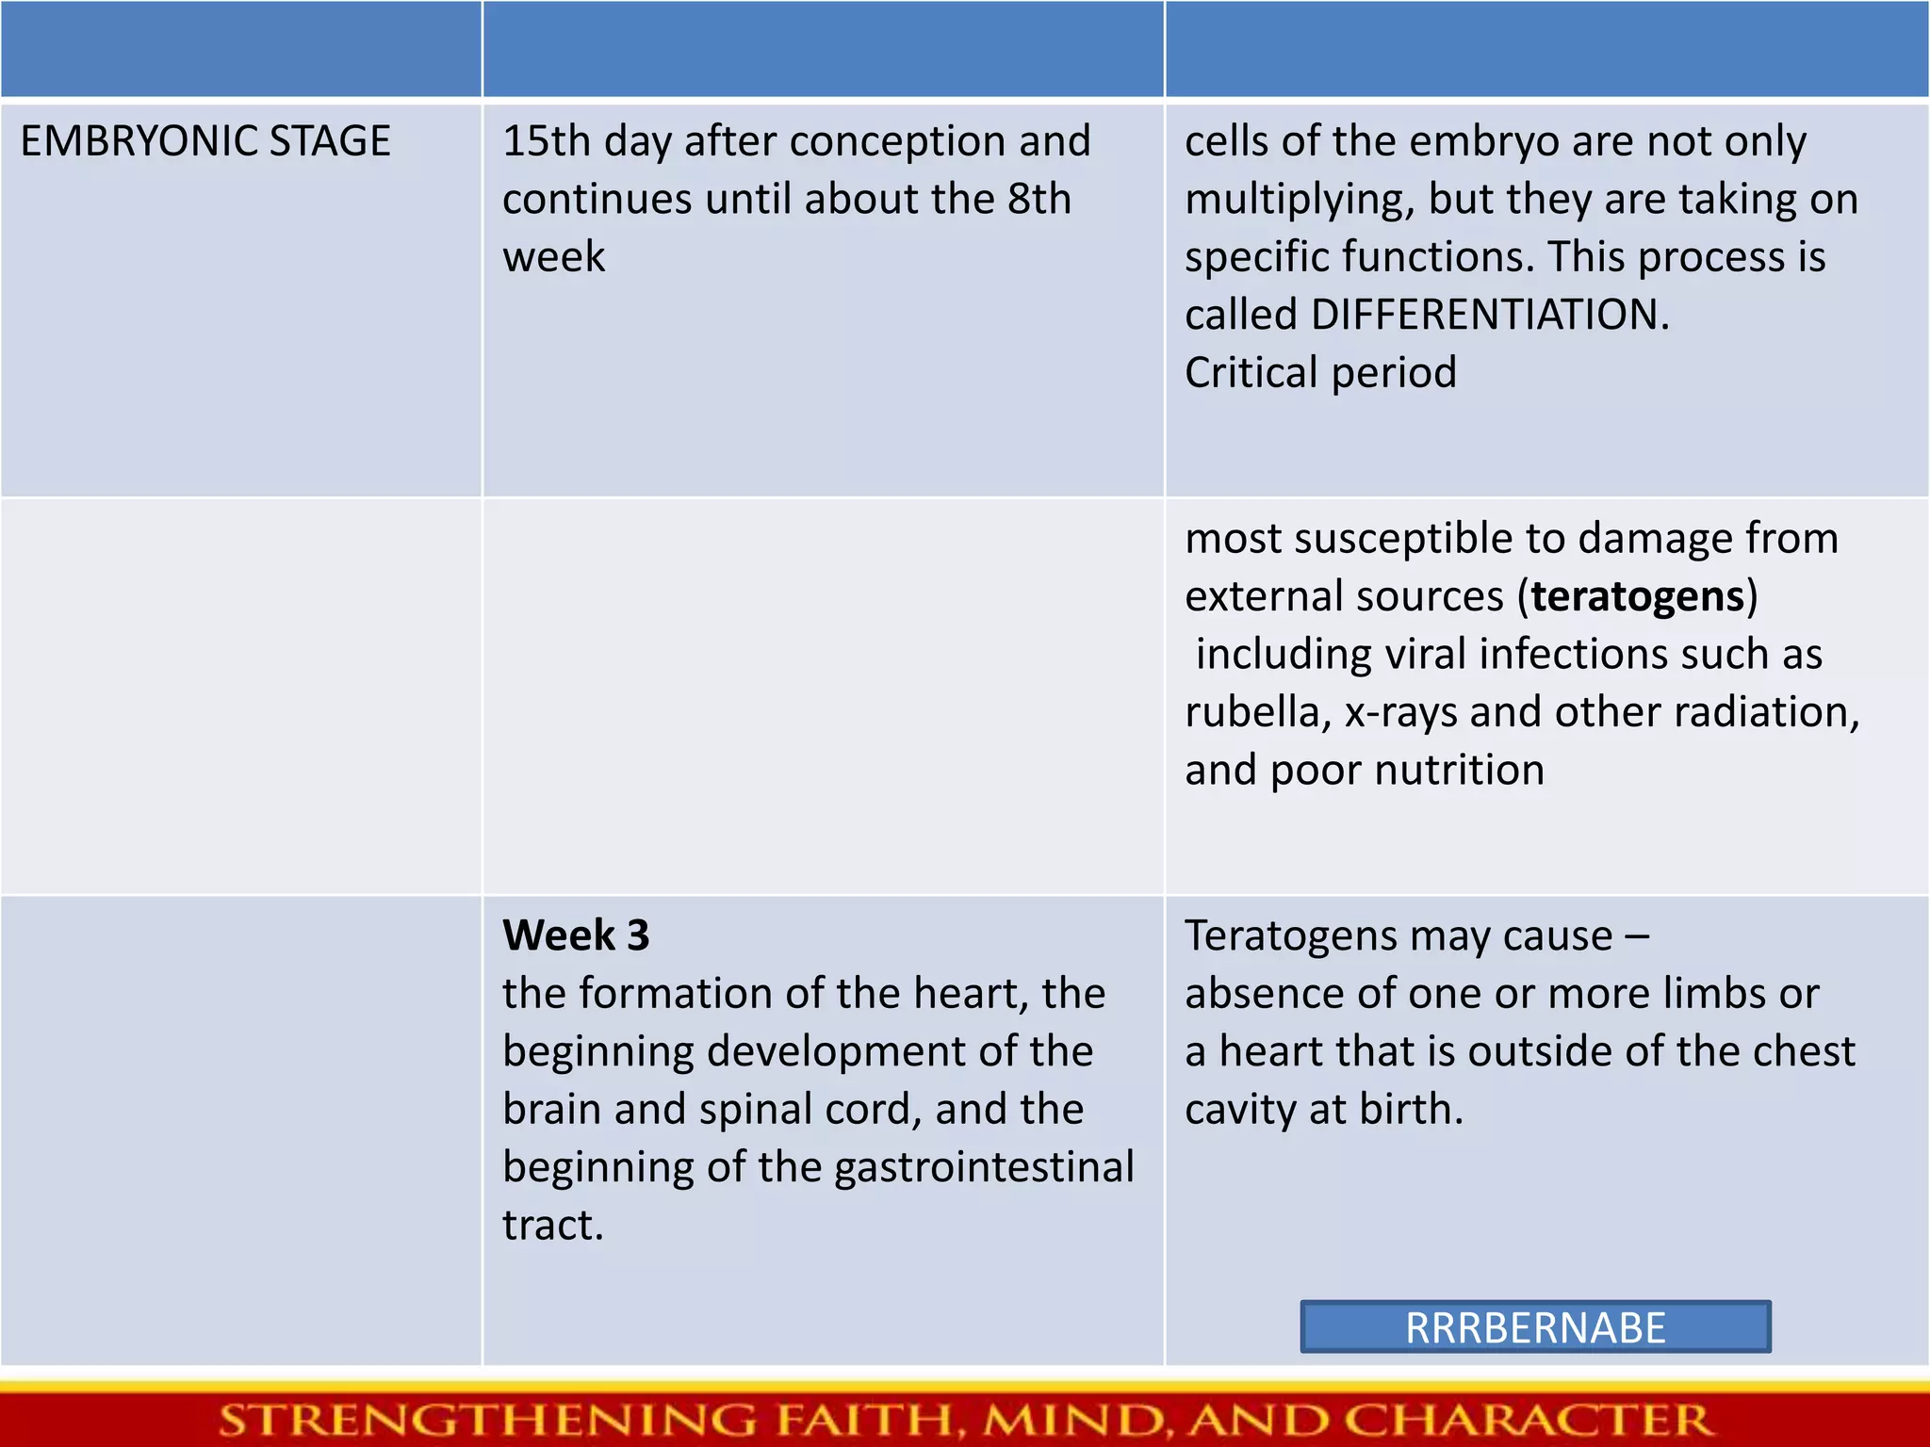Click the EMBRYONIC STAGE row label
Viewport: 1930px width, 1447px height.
(205, 141)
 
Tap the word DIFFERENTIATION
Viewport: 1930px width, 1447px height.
(1488, 315)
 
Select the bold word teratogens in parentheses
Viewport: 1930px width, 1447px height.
(1638, 596)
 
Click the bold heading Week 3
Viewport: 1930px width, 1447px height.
(576, 935)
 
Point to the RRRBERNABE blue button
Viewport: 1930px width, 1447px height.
(1535, 1327)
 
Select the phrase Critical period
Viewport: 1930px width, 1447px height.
(1320, 372)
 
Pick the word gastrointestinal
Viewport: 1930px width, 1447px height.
(984, 1167)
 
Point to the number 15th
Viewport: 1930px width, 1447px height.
(546, 141)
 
